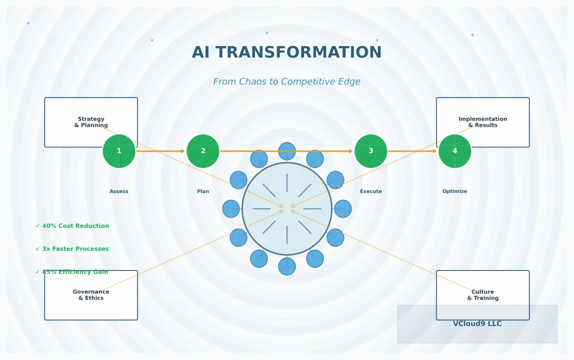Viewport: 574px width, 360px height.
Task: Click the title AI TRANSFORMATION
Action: tap(287, 53)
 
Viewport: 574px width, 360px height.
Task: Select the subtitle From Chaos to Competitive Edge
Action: tap(287, 82)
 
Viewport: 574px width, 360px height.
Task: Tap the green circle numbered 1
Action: tap(119, 151)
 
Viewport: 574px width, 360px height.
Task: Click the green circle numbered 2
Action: tap(203, 151)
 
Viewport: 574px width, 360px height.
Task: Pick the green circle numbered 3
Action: tap(371, 151)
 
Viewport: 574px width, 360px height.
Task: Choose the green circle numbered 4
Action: tap(454, 151)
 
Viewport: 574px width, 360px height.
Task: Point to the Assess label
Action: tap(119, 191)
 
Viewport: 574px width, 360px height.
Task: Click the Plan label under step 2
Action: tap(203, 191)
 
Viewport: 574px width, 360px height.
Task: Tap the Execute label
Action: tap(371, 191)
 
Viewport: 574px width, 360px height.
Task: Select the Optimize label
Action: tap(454, 191)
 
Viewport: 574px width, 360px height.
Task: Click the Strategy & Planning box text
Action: tap(91, 122)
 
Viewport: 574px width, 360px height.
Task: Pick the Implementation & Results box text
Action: tap(483, 122)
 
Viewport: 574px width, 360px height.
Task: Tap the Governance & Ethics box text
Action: tap(91, 295)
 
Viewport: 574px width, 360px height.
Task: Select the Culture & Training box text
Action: tap(483, 295)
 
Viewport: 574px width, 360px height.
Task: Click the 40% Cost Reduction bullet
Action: tap(72, 226)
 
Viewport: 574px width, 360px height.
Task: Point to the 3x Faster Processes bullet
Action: tap(72, 249)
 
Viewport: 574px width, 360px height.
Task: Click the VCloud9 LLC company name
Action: tap(477, 324)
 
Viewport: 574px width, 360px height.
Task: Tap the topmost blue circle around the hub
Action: tap(287, 151)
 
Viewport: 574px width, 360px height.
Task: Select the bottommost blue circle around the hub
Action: tap(287, 266)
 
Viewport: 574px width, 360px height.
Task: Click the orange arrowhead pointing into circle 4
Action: tap(434, 151)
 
